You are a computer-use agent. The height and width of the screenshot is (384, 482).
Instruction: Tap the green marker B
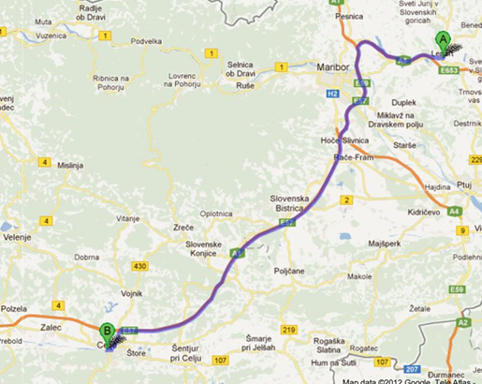click(x=108, y=331)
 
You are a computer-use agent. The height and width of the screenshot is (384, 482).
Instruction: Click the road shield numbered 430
click(x=141, y=267)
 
